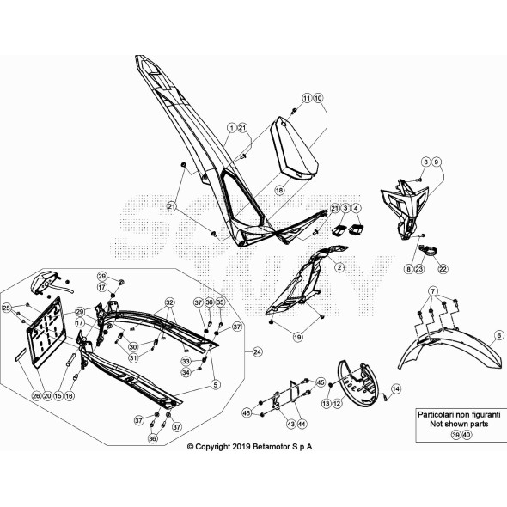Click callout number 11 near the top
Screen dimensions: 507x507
click(x=306, y=99)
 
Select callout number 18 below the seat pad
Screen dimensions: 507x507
click(x=278, y=188)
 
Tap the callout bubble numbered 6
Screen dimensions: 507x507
click(x=498, y=336)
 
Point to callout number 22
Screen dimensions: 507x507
click(x=443, y=269)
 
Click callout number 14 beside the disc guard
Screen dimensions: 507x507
click(x=396, y=389)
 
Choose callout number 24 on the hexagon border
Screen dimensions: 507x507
click(x=257, y=352)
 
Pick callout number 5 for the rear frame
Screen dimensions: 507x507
click(x=216, y=384)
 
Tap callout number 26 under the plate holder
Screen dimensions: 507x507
click(x=36, y=395)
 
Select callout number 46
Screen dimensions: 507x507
click(x=246, y=414)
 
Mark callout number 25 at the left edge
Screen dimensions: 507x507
click(x=6, y=308)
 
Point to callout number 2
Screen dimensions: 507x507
click(x=339, y=268)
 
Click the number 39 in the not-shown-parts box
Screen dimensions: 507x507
click(x=455, y=436)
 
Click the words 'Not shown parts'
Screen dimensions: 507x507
click(x=453, y=423)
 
